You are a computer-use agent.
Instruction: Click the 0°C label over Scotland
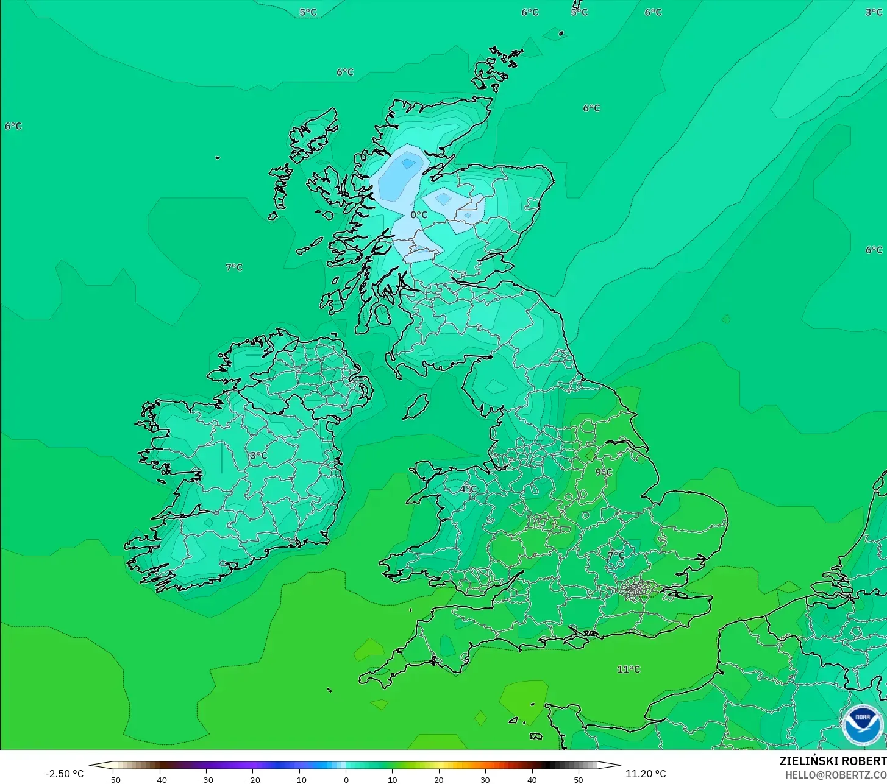(419, 215)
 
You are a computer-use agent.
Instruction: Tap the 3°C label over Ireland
(258, 456)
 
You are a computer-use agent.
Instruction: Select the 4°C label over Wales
(468, 489)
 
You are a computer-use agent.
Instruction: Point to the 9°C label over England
(604, 472)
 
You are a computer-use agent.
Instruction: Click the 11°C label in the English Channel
(629, 669)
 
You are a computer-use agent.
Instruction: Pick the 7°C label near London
(616, 556)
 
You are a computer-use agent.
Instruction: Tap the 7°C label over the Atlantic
(234, 267)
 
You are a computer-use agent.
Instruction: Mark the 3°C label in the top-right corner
(874, 12)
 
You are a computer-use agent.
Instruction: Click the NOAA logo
(862, 725)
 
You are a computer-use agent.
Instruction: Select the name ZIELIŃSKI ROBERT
(833, 761)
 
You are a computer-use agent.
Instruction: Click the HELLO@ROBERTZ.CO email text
(835, 775)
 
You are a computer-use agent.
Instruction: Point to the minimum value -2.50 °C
(65, 774)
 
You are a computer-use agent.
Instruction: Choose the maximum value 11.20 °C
(646, 774)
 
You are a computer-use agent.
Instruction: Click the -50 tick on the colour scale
(113, 780)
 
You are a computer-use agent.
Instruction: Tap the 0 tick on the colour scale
(346, 780)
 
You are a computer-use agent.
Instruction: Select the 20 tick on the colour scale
(439, 780)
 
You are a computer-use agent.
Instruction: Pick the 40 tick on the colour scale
(532, 780)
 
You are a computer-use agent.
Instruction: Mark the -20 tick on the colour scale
(253, 780)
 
